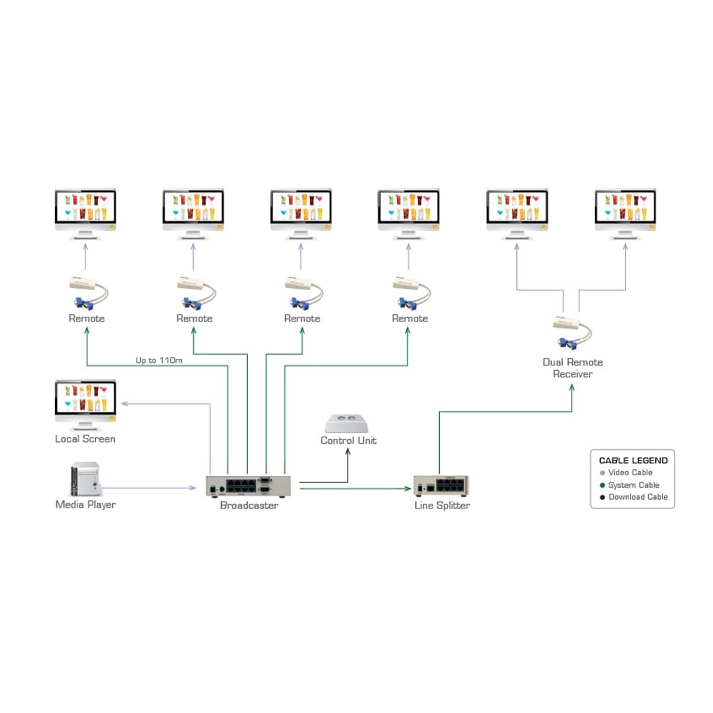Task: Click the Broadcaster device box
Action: click(248, 486)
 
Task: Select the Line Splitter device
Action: click(441, 486)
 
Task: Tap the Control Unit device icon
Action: click(347, 424)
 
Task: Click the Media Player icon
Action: click(85, 479)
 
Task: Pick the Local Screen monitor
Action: click(86, 403)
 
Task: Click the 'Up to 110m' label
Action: click(159, 360)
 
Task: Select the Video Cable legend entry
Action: click(630, 472)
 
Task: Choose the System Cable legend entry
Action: click(633, 485)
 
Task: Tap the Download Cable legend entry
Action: click(638, 497)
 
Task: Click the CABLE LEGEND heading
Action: click(633, 460)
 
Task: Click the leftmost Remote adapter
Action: click(88, 292)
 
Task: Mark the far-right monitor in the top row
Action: click(625, 212)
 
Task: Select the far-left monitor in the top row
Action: click(86, 212)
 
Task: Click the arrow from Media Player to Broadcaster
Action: click(149, 488)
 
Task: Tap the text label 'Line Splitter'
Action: click(442, 506)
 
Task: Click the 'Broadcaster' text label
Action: click(249, 506)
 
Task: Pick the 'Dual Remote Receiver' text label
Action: click(573, 368)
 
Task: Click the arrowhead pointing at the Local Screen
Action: click(124, 404)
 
